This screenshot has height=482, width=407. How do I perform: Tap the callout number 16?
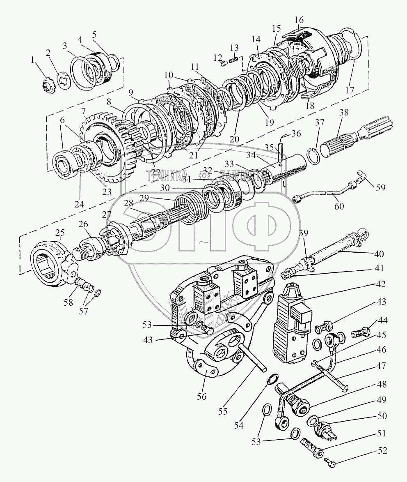point(299,19)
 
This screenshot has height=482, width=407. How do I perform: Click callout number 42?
point(381,284)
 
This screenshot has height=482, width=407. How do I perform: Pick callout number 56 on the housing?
point(201,397)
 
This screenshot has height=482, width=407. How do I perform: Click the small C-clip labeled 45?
point(314,362)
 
